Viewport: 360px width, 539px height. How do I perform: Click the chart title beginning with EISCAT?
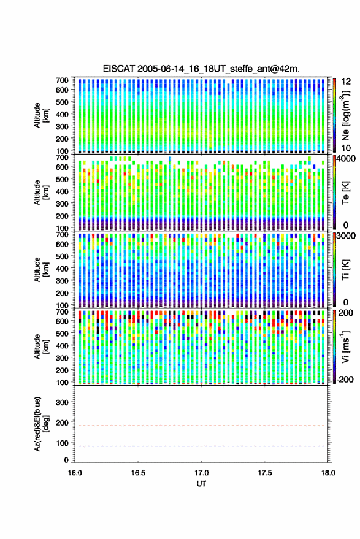(201, 69)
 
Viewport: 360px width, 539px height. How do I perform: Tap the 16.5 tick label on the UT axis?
(138, 473)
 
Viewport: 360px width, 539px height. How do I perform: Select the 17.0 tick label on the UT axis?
(201, 473)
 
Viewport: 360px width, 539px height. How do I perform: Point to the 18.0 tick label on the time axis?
(328, 473)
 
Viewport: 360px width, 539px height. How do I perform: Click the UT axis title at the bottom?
(201, 484)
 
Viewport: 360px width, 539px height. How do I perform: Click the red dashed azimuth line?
(201, 426)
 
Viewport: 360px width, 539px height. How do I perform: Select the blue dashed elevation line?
(201, 446)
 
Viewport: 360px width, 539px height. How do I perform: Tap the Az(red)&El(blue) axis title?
(41, 424)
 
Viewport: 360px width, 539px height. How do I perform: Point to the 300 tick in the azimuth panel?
(62, 402)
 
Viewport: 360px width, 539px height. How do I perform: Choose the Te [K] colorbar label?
(345, 193)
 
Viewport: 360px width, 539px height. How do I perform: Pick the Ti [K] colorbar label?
(345, 270)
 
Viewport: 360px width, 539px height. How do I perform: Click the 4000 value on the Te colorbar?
(347, 159)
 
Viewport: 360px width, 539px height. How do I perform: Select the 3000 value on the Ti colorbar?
(347, 236)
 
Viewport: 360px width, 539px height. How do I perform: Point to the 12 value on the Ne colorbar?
(346, 82)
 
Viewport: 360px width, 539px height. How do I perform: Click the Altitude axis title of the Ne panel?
(41, 115)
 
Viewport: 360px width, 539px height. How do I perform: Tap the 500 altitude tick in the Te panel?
(62, 179)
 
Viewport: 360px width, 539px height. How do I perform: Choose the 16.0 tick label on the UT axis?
(75, 473)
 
